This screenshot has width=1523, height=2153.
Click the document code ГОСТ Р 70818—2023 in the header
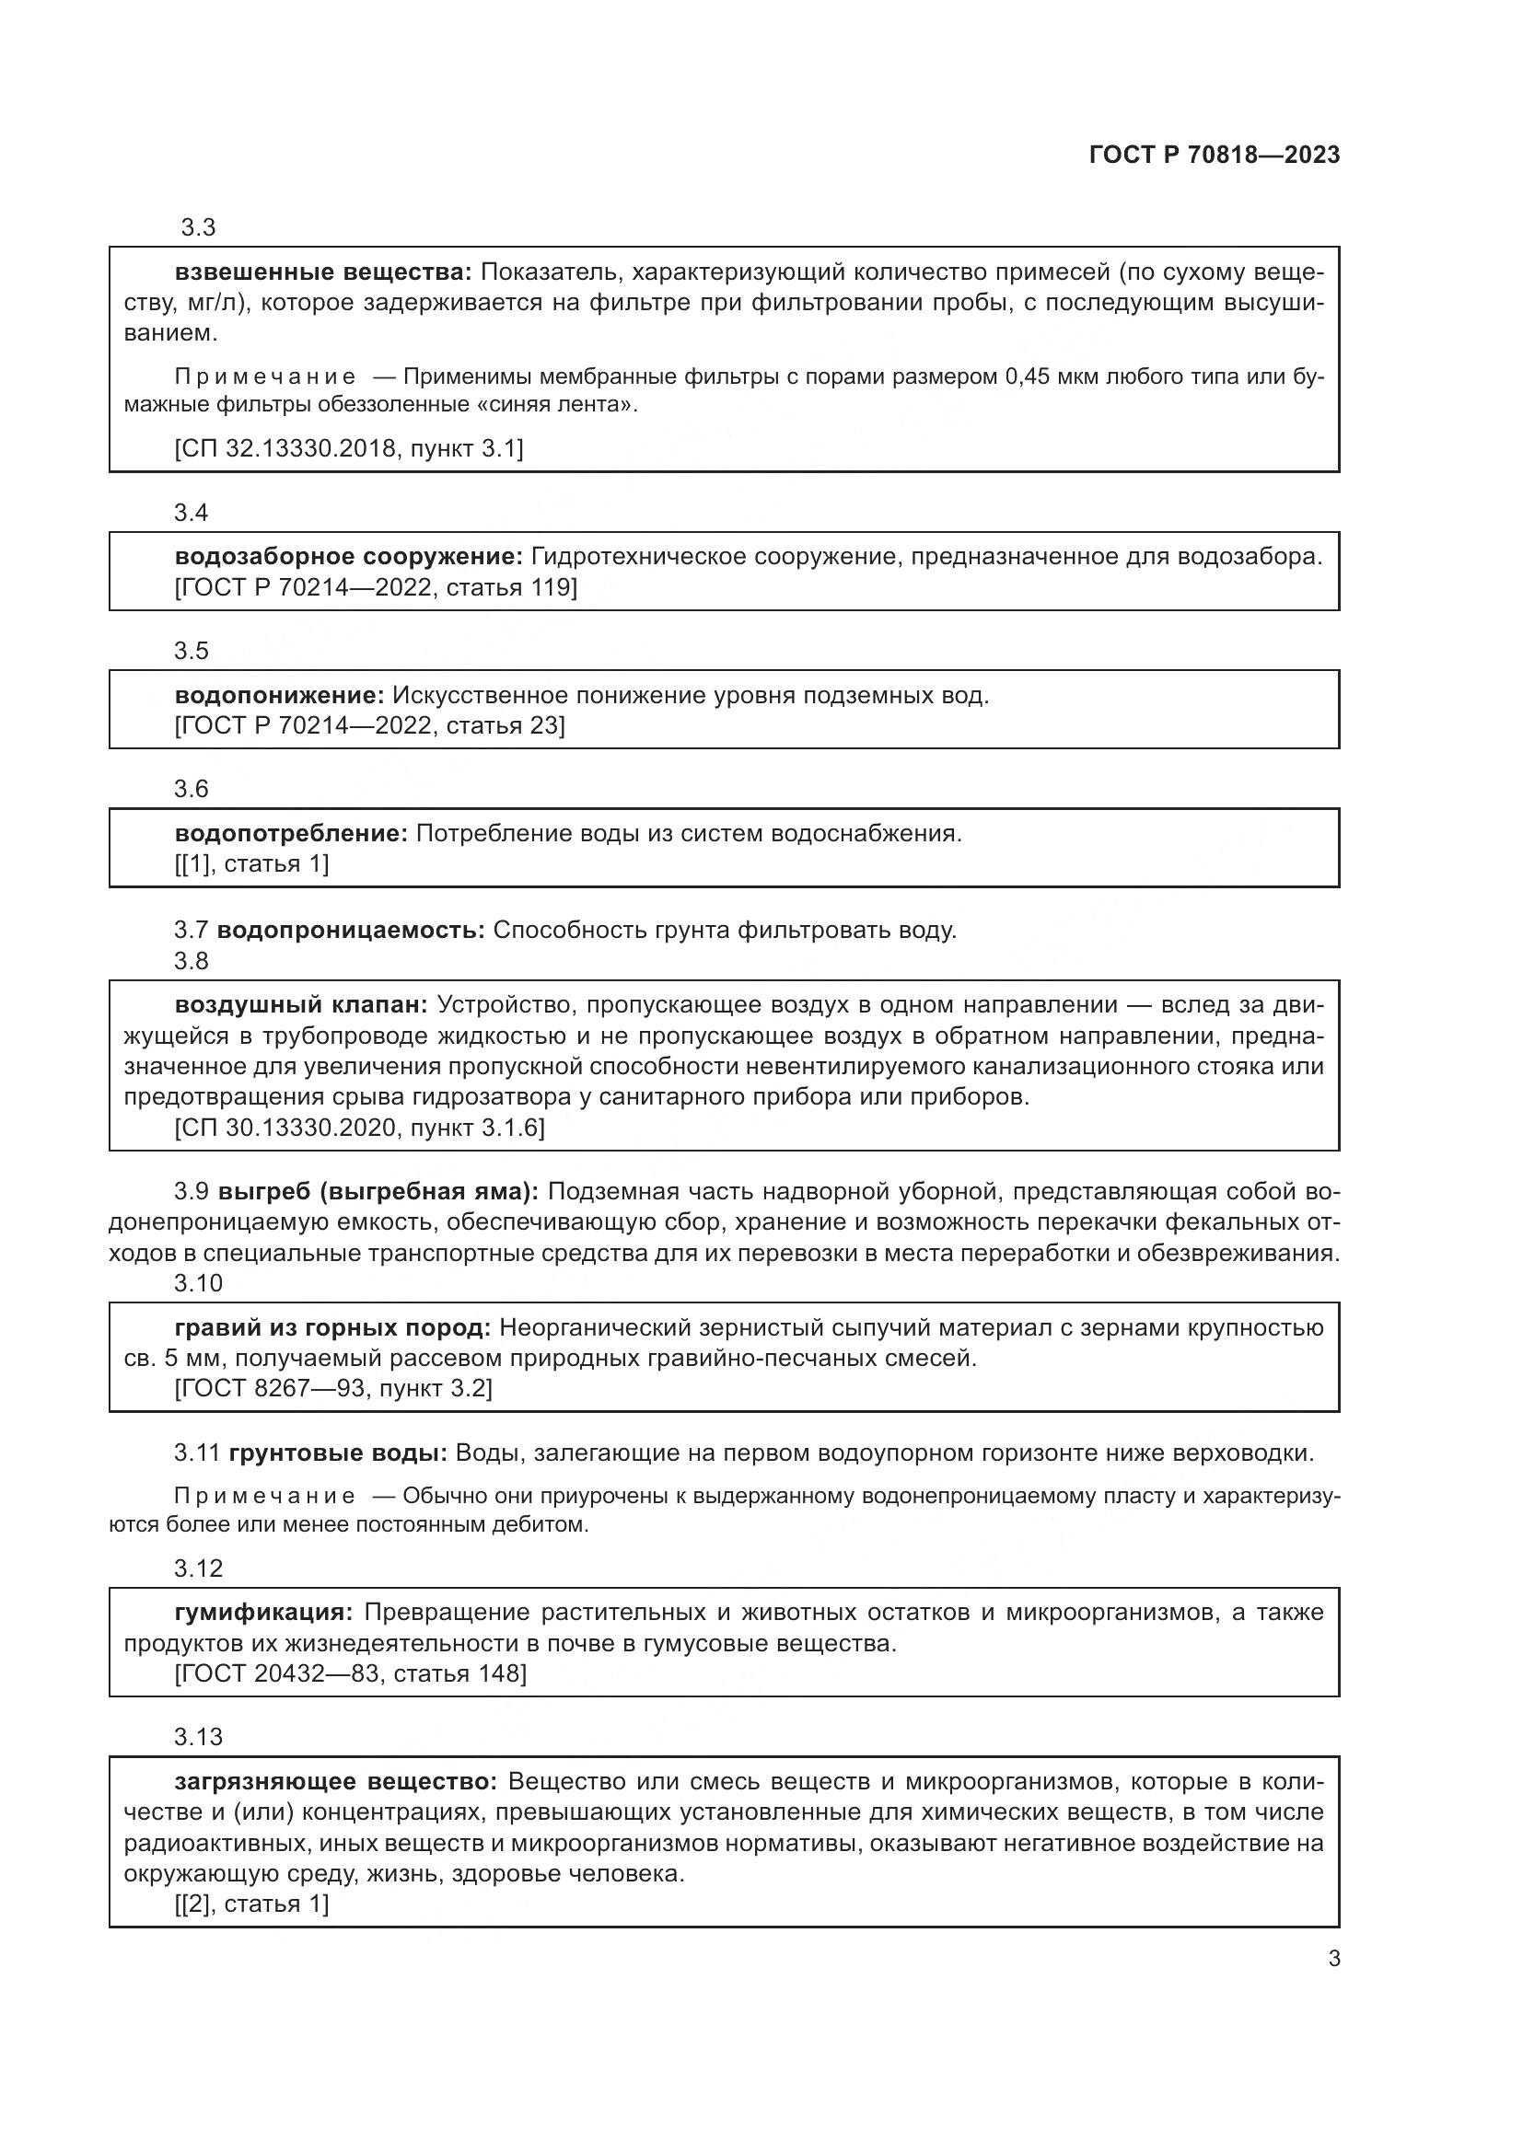point(1215,156)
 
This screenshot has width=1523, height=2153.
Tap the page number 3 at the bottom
point(1333,1959)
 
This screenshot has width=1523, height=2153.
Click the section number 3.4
point(192,513)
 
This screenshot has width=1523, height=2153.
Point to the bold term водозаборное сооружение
point(348,557)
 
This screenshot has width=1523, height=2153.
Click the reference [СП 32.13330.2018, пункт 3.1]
point(349,449)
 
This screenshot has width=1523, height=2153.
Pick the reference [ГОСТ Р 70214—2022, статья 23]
point(369,725)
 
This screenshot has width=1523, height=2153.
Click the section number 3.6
point(192,790)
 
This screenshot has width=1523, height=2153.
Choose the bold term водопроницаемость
point(351,931)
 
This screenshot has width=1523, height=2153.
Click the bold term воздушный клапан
point(301,1005)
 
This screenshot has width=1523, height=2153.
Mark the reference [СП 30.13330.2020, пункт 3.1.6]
point(359,1129)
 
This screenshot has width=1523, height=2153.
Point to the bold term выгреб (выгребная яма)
point(378,1192)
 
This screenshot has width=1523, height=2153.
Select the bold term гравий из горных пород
point(333,1328)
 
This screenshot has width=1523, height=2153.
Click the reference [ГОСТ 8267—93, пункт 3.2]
point(333,1388)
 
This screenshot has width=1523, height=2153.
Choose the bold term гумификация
point(263,1613)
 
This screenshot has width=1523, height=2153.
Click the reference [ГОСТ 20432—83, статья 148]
point(351,1673)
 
